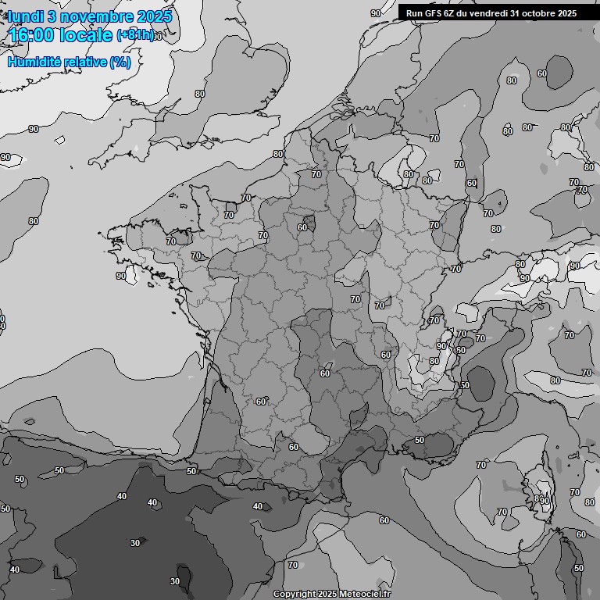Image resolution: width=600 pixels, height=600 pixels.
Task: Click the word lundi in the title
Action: click(x=26, y=16)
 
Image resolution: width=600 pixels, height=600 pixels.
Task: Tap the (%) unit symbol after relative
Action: click(x=120, y=62)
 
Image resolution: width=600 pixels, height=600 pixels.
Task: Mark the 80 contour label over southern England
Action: click(x=200, y=94)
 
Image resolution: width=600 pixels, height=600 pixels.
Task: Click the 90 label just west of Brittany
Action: click(x=121, y=276)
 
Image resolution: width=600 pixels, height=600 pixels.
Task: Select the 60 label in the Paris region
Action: click(x=302, y=227)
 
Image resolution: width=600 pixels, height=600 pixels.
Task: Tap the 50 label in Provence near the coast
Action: click(x=420, y=440)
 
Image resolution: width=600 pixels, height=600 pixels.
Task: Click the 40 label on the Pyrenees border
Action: click(x=258, y=506)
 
